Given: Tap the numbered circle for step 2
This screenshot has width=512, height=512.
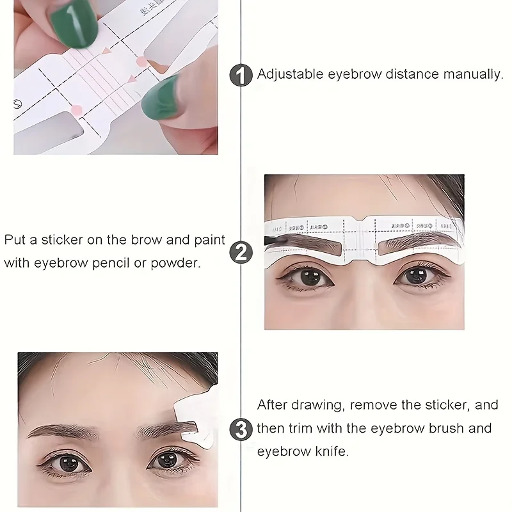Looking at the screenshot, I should pos(241,252).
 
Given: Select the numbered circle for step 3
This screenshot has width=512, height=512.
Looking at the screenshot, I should pos(241,428).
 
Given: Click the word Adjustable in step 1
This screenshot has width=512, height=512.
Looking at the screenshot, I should pos(289,74).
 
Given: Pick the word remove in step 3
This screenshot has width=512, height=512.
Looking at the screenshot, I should pos(372,405).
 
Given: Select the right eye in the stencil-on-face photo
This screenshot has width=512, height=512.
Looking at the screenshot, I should pos(413,276).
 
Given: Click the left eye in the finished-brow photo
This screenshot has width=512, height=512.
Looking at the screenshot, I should pos(66,461).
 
